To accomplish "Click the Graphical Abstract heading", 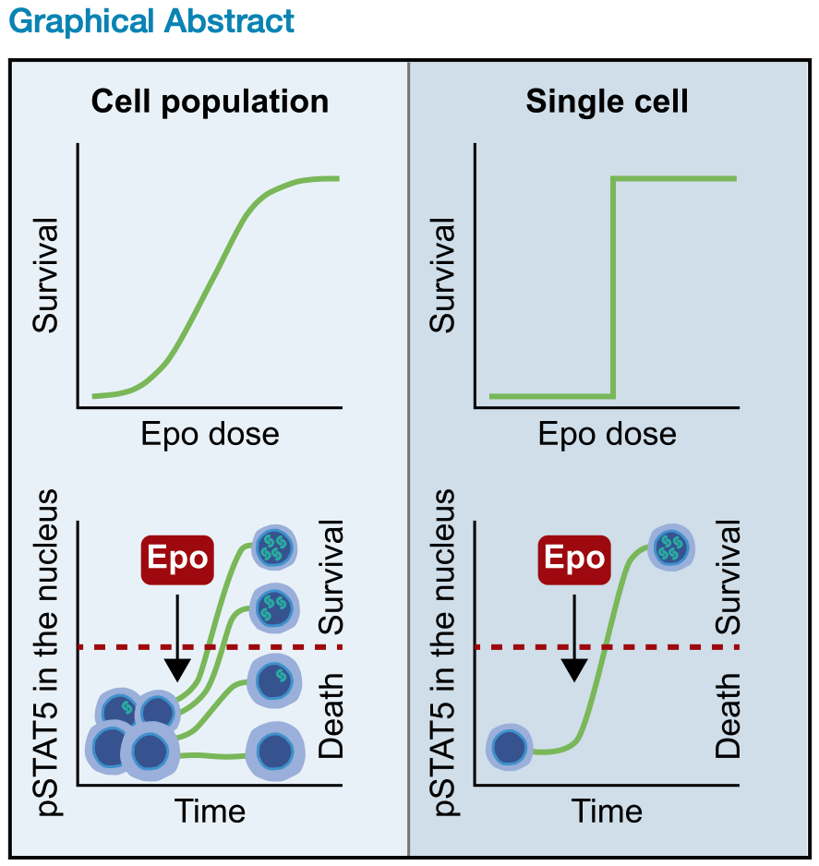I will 151,20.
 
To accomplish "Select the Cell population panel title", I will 210,101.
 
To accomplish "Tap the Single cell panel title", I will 607,101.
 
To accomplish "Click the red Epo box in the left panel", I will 176,559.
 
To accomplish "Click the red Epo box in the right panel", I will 574,559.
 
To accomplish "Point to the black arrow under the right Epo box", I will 574,637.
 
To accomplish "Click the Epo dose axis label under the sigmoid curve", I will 210,433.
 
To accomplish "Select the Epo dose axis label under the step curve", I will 607,433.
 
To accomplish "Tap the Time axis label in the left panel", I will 210,811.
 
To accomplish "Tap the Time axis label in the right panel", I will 607,811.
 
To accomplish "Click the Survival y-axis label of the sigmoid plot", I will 45,275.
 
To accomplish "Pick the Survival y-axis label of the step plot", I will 443,275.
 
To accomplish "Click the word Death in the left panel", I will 331,716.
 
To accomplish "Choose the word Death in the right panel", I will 729,716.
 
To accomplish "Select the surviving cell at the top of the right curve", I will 671,548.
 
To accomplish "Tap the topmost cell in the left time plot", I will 274,547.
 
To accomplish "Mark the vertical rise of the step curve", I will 614,286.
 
